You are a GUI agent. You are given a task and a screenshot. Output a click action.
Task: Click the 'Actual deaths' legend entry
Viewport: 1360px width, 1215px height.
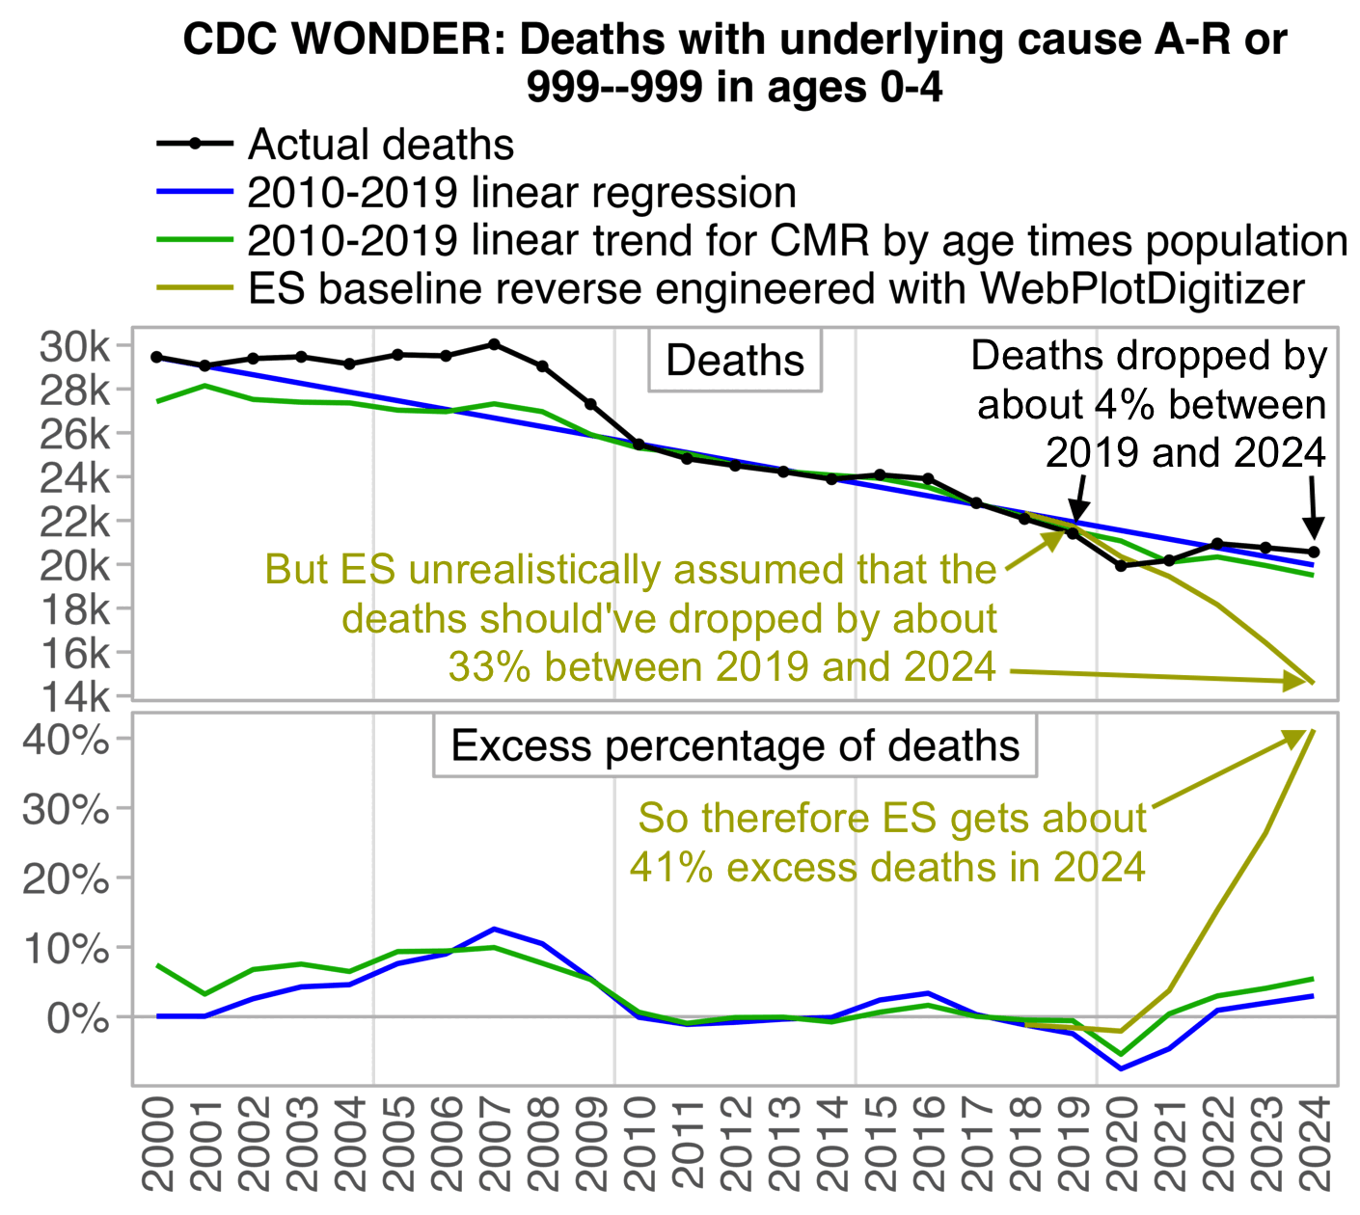[x=380, y=145]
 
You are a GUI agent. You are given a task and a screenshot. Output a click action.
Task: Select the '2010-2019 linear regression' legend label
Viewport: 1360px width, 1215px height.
[x=521, y=193]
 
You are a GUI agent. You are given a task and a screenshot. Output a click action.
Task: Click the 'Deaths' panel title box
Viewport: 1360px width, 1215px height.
[x=735, y=361]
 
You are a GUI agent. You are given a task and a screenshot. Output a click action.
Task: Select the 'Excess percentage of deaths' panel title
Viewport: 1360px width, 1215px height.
[x=735, y=746]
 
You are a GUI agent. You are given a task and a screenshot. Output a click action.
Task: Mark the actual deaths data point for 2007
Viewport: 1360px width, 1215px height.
[x=494, y=344]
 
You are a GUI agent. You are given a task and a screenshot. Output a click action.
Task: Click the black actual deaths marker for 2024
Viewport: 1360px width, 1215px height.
[x=1314, y=552]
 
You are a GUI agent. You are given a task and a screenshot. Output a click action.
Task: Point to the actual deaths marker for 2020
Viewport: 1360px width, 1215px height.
[x=1121, y=566]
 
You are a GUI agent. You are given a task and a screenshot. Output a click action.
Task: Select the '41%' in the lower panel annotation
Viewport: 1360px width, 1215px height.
[x=670, y=867]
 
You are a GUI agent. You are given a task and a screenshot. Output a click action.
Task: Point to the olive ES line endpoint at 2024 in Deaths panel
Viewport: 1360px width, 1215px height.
[x=1313, y=683]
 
